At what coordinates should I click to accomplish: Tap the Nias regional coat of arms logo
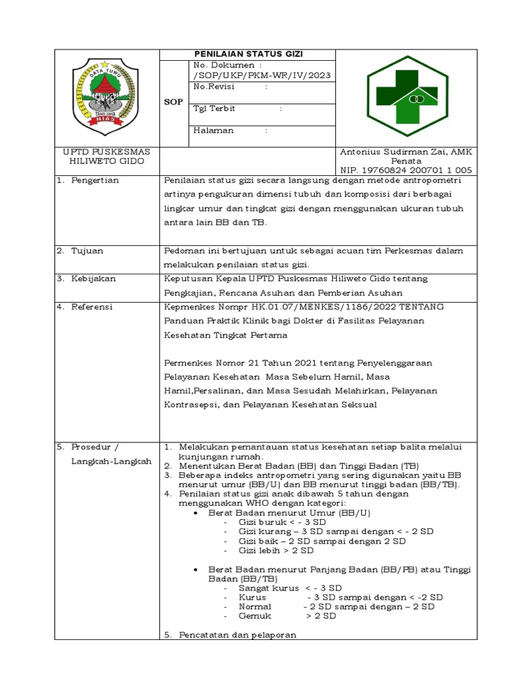[103, 96]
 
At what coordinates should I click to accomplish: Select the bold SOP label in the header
[174, 102]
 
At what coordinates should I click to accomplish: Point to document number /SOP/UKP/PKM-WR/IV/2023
[262, 76]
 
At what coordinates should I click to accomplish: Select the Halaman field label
[214, 130]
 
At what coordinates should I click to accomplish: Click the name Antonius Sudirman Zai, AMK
[406, 152]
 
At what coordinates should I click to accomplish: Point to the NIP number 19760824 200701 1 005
[406, 170]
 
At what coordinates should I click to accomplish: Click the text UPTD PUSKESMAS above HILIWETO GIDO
[106, 152]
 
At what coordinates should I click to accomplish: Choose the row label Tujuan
[87, 251]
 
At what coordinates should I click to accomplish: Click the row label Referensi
[93, 307]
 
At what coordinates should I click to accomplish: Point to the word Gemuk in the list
[255, 616]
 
